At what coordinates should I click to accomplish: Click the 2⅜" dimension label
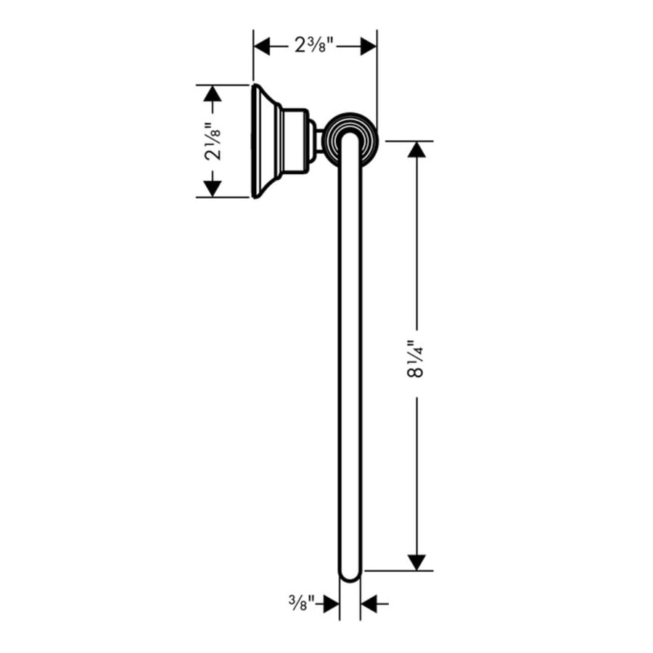click(315, 46)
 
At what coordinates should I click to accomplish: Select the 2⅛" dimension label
click(212, 141)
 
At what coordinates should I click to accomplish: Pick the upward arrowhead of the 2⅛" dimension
click(212, 94)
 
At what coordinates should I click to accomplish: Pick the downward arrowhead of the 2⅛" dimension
click(212, 188)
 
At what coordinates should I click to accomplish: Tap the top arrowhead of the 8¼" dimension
click(416, 149)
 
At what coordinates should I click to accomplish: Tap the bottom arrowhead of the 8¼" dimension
click(416, 562)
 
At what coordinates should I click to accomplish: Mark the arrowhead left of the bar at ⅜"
click(331, 602)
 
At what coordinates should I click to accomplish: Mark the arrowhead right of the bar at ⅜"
click(369, 602)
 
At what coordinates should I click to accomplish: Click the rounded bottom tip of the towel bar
click(350, 575)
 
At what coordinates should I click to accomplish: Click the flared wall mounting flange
click(263, 141)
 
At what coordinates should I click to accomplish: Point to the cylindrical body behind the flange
click(294, 141)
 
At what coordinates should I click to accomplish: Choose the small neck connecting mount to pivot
click(317, 141)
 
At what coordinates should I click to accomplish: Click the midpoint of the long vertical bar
click(350, 356)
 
